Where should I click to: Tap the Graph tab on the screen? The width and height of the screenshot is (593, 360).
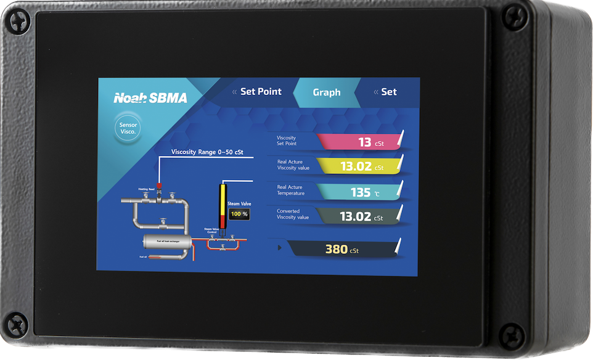(326, 92)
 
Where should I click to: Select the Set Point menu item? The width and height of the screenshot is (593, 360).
(260, 91)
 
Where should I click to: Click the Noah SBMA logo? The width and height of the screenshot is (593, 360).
(150, 97)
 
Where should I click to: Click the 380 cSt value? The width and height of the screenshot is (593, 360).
(341, 249)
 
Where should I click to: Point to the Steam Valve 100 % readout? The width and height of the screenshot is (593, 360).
(239, 214)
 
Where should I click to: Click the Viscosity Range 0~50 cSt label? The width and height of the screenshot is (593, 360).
(207, 152)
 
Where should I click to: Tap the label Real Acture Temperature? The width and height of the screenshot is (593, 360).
(290, 190)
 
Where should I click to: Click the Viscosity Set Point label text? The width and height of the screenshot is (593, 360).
(287, 140)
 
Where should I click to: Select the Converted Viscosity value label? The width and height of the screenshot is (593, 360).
(293, 213)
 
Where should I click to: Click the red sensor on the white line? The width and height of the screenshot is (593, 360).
(158, 185)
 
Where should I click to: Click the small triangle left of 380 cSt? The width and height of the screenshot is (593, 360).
(280, 248)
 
